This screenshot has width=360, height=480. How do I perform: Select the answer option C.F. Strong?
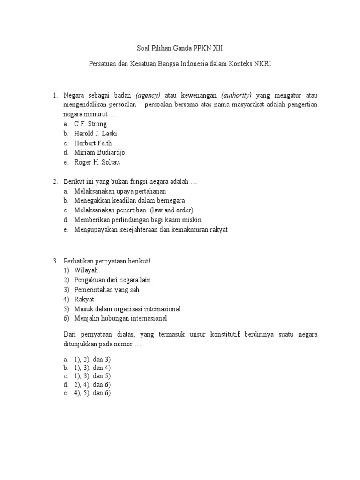tap(90, 124)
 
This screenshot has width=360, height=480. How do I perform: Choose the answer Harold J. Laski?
tap(95, 134)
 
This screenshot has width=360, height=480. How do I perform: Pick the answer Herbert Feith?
tap(93, 143)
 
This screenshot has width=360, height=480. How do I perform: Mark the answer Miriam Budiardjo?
tap(99, 152)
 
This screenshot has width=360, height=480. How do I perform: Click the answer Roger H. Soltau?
tap(97, 162)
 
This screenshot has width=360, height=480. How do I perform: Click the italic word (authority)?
tap(236, 95)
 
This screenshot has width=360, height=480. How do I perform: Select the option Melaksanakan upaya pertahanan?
tap(120, 191)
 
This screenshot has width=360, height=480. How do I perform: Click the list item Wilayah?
tap(87, 270)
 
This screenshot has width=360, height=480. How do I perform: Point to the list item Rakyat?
tap(84, 299)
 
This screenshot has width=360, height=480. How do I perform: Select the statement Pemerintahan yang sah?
tap(107, 290)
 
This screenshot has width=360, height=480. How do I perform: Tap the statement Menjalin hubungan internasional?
tap(120, 318)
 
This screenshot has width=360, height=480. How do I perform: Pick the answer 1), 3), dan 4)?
tap(92, 368)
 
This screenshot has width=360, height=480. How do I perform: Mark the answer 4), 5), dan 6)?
tap(92, 393)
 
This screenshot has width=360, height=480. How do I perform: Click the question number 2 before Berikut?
tap(55, 181)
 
